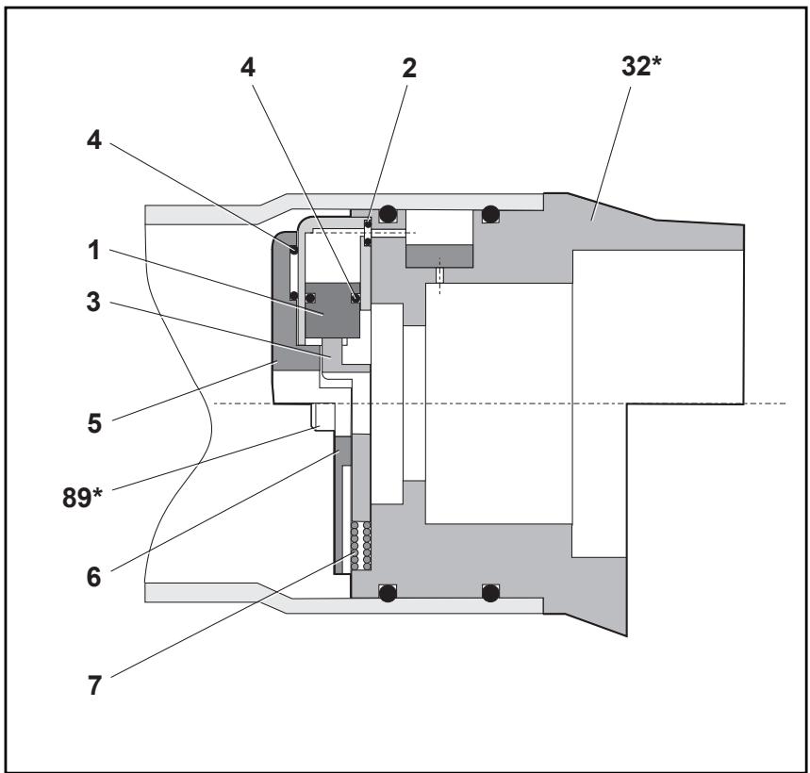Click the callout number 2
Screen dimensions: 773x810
pos(408,68)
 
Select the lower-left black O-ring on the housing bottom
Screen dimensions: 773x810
pos(386,592)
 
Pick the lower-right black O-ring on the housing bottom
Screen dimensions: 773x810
pos(489,592)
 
